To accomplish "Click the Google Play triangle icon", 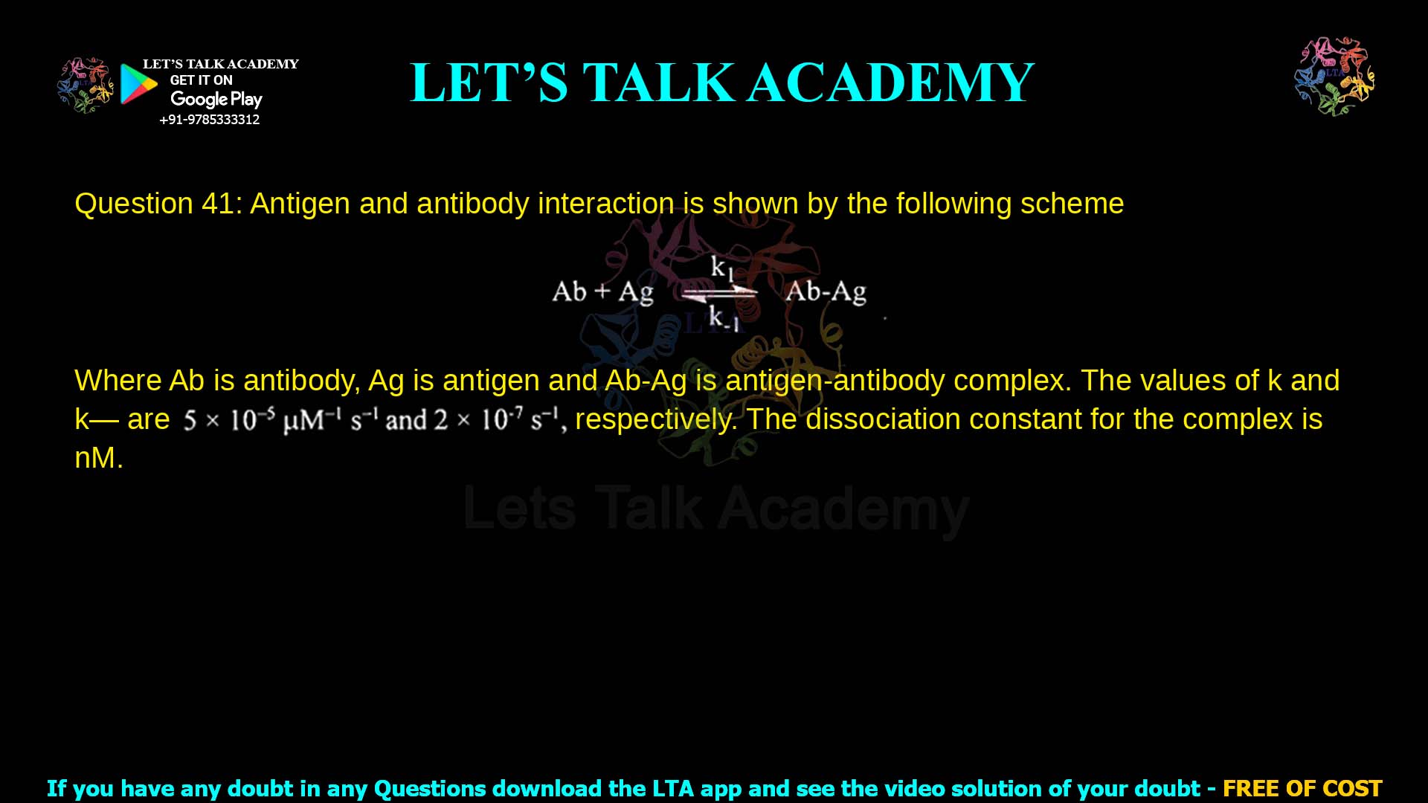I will pyautogui.click(x=138, y=83).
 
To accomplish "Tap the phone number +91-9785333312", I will pyautogui.click(x=210, y=120).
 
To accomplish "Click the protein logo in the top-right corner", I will pyautogui.click(x=1334, y=77).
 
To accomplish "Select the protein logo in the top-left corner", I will pyautogui.click(x=86, y=85).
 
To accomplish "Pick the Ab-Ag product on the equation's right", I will pyautogui.click(x=826, y=291).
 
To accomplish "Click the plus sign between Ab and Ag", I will pyautogui.click(x=602, y=291).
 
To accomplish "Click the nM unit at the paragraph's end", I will pyautogui.click(x=98, y=458).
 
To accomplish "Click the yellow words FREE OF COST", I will pyautogui.click(x=1302, y=788).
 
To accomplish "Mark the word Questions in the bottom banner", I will pyautogui.click(x=428, y=788).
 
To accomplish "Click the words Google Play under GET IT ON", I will pyautogui.click(x=216, y=100).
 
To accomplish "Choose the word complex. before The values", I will pyautogui.click(x=1012, y=381).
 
